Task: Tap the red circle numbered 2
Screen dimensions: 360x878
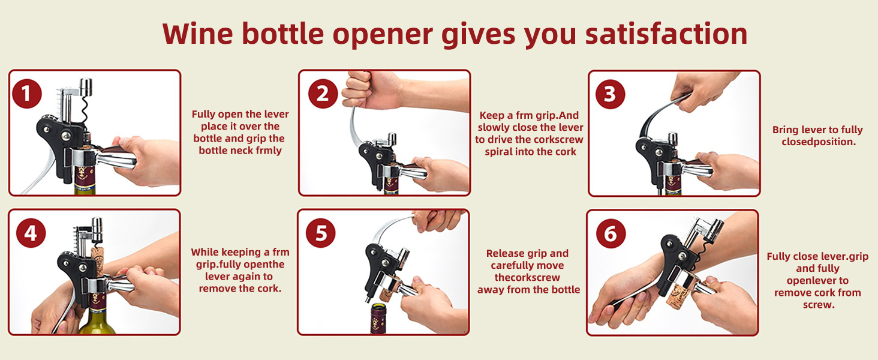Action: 323,95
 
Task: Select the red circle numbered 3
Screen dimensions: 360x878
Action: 611,94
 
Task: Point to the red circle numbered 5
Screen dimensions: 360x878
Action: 321,233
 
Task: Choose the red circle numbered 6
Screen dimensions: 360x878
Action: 611,233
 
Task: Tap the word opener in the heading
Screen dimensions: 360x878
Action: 382,34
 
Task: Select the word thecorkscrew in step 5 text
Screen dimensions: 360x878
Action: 528,278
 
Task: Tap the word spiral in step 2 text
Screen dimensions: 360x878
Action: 501,152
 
